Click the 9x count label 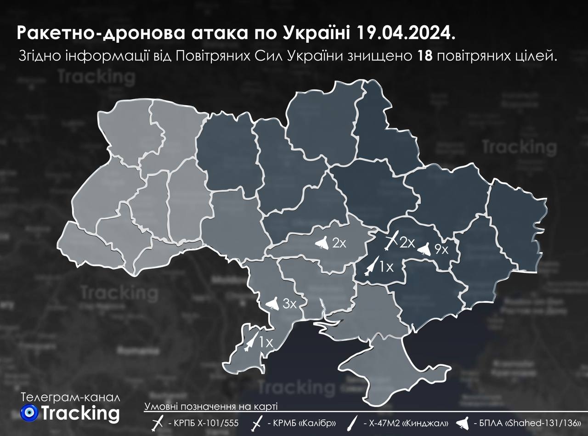[x=441, y=250]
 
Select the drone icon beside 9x [x=424, y=249]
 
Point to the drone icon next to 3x [x=272, y=304]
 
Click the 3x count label [x=289, y=304]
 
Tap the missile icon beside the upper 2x [x=391, y=241]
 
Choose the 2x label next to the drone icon [x=339, y=243]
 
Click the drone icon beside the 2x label [x=322, y=243]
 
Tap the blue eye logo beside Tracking [x=29, y=413]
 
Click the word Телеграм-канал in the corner [x=72, y=397]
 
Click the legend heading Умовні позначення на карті [x=211, y=407]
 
